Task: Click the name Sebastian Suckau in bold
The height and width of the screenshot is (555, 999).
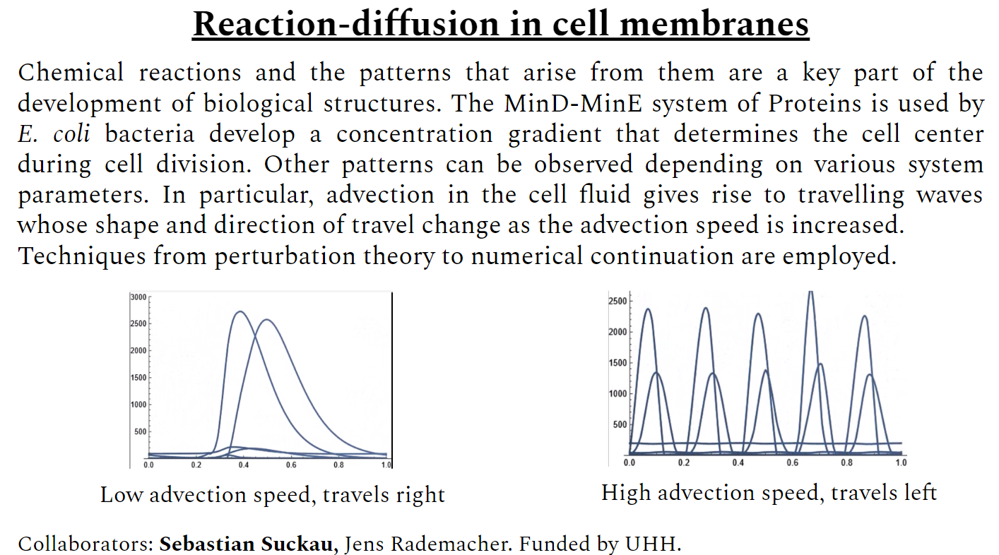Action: click(249, 544)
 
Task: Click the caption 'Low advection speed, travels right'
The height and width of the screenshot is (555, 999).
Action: click(273, 494)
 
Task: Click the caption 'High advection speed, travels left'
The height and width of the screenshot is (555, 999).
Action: click(769, 492)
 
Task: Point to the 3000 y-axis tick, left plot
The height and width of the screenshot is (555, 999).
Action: click(138, 297)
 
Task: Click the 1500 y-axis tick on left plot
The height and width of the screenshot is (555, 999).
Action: click(138, 378)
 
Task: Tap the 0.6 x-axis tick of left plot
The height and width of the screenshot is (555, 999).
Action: click(290, 465)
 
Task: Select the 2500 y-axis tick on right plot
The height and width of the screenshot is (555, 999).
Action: click(617, 302)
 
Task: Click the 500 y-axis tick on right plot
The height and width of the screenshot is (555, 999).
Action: click(620, 424)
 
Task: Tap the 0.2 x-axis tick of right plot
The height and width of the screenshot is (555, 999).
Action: click(683, 462)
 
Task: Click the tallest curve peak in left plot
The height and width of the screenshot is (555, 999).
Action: click(240, 311)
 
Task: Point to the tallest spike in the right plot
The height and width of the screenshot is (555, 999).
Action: click(810, 292)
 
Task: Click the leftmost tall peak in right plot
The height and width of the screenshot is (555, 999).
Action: click(647, 309)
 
